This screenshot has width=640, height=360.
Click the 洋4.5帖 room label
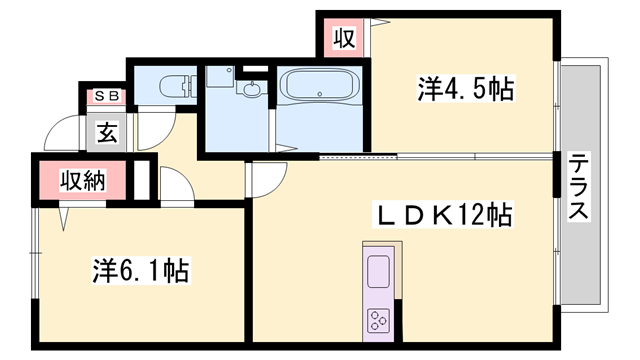(465, 90)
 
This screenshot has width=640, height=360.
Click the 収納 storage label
(83, 181)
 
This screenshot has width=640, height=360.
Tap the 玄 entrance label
(106, 130)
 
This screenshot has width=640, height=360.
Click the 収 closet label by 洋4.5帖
(343, 39)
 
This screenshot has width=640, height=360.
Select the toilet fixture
(176, 85)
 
